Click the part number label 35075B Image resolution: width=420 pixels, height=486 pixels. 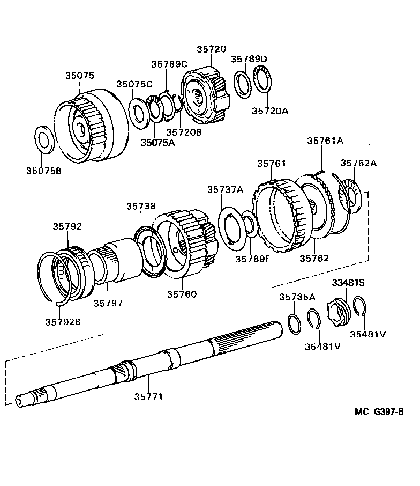pyautogui.click(x=44, y=172)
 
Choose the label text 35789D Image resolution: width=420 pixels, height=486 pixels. pyautogui.click(x=249, y=58)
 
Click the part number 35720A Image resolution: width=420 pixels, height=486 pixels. pyautogui.click(x=270, y=111)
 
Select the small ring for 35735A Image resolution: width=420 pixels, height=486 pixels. pyautogui.click(x=294, y=323)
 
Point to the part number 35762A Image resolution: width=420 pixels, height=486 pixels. pyautogui.click(x=358, y=163)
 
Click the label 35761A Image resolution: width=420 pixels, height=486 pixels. pyautogui.click(x=325, y=141)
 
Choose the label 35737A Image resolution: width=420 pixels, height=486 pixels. pyautogui.click(x=226, y=189)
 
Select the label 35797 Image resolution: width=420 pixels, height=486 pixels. pyautogui.click(x=108, y=303)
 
